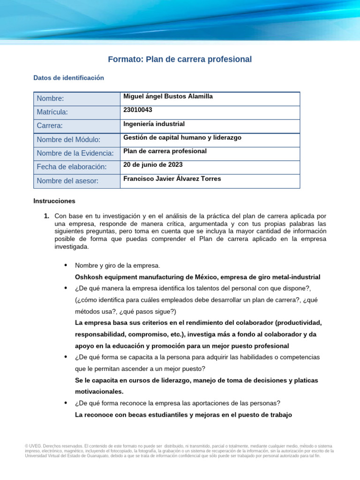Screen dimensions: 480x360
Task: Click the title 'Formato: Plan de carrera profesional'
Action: (x=180, y=60)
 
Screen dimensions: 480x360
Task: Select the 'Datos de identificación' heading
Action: (x=68, y=78)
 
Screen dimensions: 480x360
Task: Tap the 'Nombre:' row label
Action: (x=50, y=98)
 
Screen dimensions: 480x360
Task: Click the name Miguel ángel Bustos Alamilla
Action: (x=168, y=96)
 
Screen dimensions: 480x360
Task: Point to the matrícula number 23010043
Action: (x=137, y=110)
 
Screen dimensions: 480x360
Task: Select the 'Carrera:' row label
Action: (x=50, y=126)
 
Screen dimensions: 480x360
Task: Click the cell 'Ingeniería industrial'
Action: (x=154, y=124)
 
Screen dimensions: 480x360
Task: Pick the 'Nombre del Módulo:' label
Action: (x=68, y=140)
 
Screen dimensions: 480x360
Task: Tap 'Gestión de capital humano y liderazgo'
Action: (x=182, y=137)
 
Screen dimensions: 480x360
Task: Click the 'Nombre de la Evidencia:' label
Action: (x=75, y=153)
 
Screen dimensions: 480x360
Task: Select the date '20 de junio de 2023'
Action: (x=153, y=165)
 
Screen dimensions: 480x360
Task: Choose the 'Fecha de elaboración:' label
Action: (x=72, y=167)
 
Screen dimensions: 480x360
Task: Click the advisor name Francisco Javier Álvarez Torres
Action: (x=172, y=179)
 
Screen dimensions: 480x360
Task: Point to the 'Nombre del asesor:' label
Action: (x=67, y=181)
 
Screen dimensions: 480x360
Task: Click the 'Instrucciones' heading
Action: (x=54, y=201)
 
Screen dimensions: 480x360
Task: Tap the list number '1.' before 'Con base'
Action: (x=46, y=216)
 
